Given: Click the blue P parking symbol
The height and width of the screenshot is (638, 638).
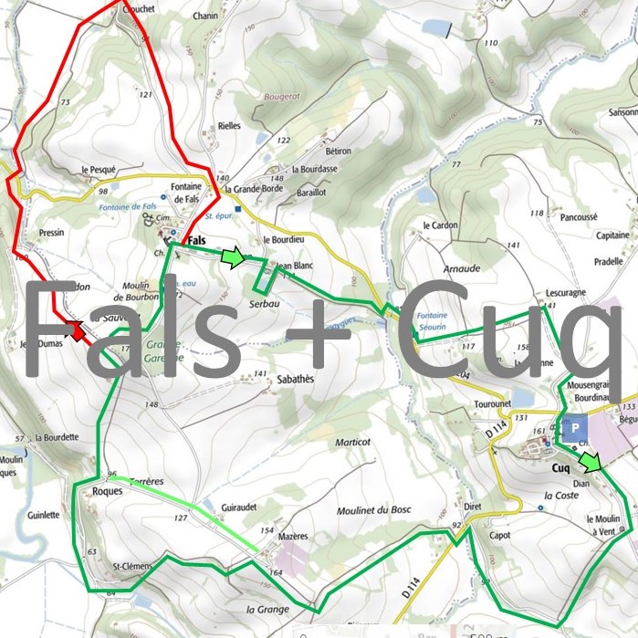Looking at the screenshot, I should [x=576, y=427].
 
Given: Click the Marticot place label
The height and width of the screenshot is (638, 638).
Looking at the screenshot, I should [x=352, y=442].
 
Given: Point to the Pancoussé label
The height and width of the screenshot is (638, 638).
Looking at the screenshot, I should [x=579, y=217].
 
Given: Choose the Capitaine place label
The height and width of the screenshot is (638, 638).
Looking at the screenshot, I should [x=612, y=235].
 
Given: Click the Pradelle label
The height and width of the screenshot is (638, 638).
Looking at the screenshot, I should [x=608, y=260].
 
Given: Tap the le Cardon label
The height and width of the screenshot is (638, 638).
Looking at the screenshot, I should [x=439, y=225].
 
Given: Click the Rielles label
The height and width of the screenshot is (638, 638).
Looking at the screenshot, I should [x=229, y=127].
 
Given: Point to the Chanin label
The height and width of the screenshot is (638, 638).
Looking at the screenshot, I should [x=206, y=16].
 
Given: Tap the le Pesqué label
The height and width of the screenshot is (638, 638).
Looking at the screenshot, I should [x=99, y=170].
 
